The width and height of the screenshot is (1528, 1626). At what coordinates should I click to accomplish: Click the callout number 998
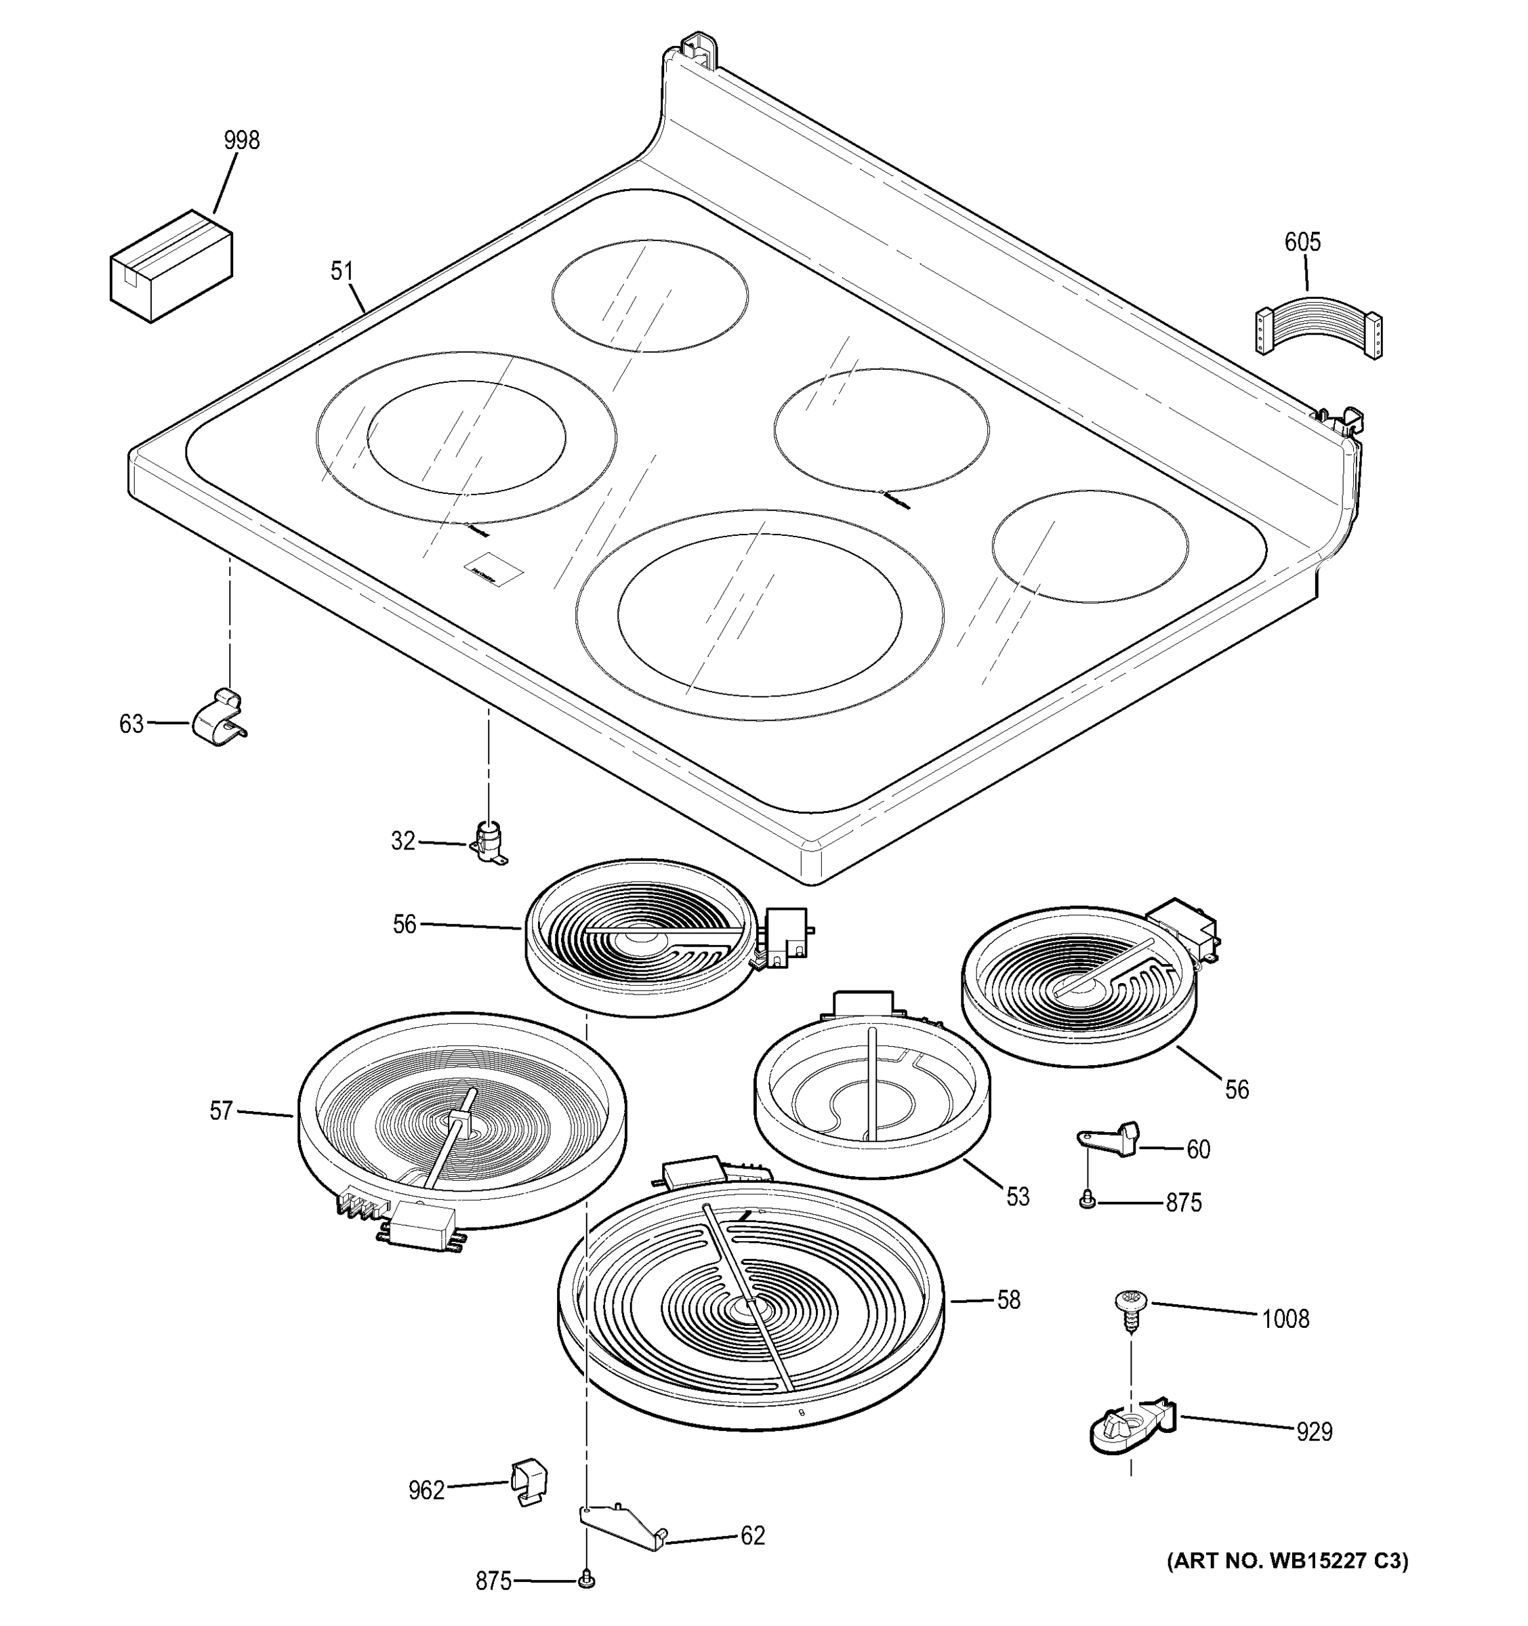pyautogui.click(x=241, y=141)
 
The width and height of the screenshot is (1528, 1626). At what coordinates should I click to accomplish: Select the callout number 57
pyautogui.click(x=221, y=1110)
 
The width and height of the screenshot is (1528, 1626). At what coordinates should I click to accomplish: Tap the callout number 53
pyautogui.click(x=1017, y=1196)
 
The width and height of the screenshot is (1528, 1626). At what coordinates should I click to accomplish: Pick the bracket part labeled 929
pyautogui.click(x=1132, y=1427)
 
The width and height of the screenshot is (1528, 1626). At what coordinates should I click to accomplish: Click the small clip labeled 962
pyautogui.click(x=529, y=1482)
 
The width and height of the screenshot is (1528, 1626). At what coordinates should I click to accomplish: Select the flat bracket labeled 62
pyautogui.click(x=623, y=1526)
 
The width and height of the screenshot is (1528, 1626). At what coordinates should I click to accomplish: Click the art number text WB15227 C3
pyautogui.click(x=1287, y=1560)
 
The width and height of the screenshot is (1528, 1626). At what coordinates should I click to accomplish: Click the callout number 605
pyautogui.click(x=1302, y=242)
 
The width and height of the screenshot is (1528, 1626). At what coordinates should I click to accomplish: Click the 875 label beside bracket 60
pyautogui.click(x=1183, y=1203)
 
